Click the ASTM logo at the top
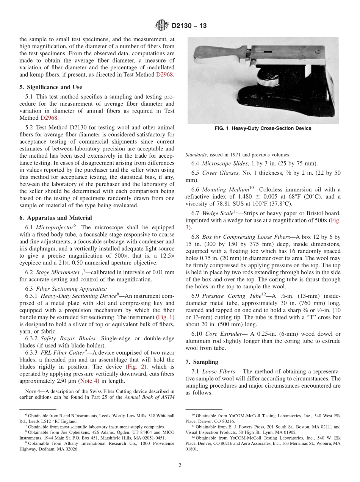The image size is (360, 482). tap(162, 26)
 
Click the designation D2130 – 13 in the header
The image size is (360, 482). tap(189, 26)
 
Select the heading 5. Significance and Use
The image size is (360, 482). tap(51, 87)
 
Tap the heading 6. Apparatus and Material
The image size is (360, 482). tap(55, 218)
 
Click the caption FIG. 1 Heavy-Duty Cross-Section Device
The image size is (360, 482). tap(263, 128)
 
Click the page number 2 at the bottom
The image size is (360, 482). tap(180, 466)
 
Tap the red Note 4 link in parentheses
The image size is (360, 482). tap(86, 381)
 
